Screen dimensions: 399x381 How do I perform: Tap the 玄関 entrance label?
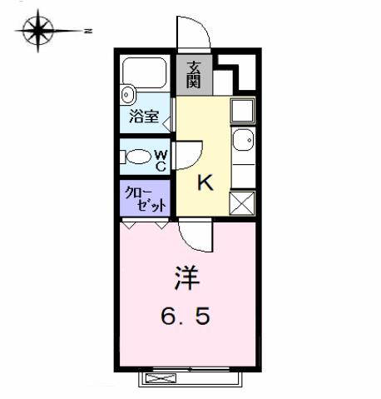pos(193,75)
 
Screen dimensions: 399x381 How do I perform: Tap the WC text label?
pos(161,158)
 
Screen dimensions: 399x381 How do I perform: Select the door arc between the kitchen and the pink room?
pos(195,237)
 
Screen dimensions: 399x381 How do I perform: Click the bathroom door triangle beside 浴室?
pos(169,122)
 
